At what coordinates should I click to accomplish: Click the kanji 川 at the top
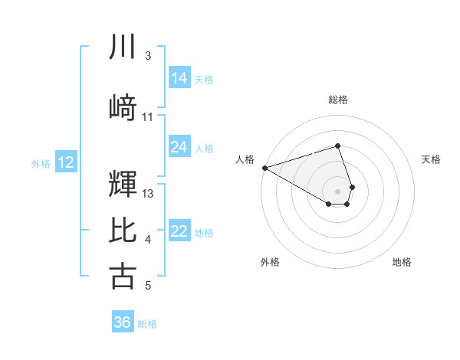coord(123,47)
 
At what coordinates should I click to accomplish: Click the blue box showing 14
coord(179,78)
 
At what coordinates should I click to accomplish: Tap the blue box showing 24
coord(179,147)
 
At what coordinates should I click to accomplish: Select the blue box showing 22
coord(179,231)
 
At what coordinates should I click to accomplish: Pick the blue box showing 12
coord(65,162)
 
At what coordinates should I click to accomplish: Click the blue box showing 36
coord(123,322)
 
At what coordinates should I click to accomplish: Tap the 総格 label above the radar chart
coord(337,100)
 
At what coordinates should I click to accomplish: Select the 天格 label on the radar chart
coord(432,159)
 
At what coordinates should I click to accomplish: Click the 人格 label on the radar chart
coord(245,159)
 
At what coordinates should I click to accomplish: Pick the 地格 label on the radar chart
coord(402,262)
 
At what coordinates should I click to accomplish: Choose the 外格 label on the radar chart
coord(270,262)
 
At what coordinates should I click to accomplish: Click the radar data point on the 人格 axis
coord(264,168)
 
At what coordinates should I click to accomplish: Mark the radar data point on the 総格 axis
coord(337,146)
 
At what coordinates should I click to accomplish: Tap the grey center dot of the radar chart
coord(337,191)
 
